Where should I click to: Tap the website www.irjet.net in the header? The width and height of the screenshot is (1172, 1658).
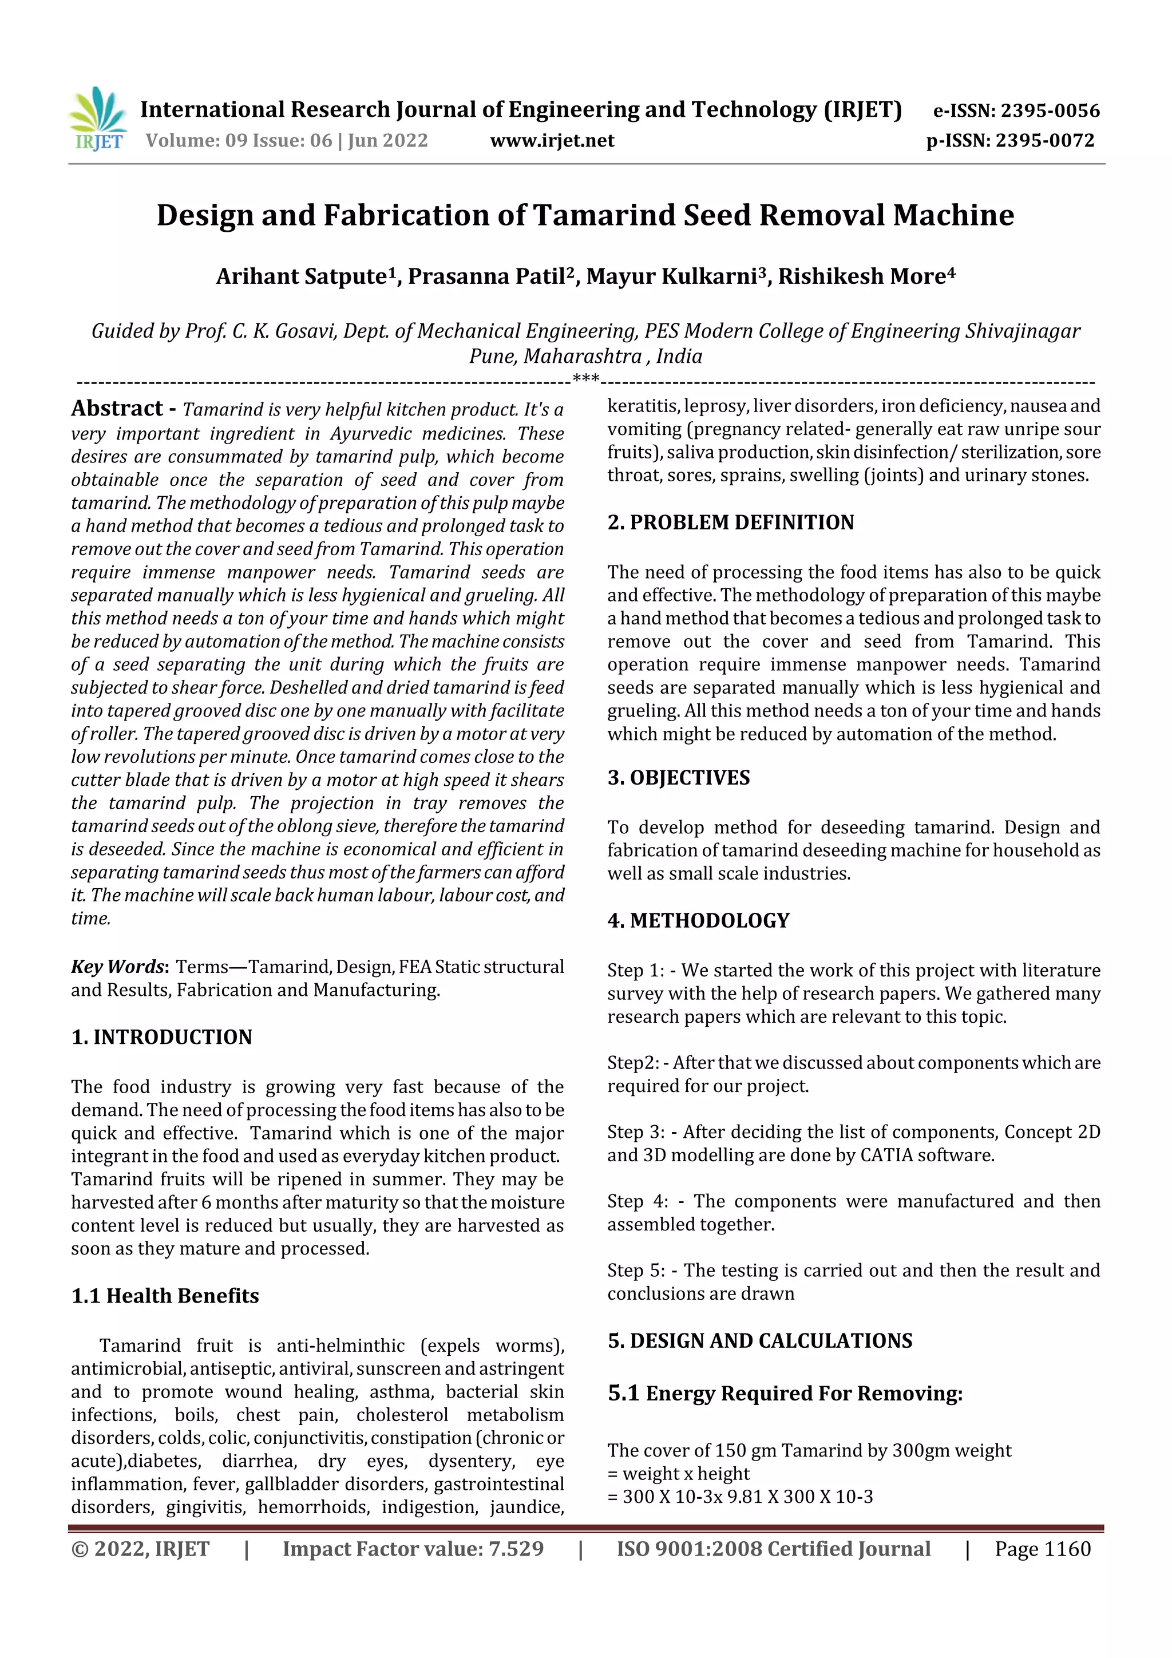[552, 141]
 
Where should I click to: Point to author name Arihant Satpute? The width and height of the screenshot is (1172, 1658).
[303, 276]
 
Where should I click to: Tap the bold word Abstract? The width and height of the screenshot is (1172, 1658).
[117, 409]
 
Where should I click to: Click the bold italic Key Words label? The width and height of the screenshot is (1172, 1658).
[118, 967]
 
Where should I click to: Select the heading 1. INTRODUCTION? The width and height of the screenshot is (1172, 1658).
[162, 1037]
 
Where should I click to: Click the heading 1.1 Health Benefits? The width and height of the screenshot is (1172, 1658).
[165, 1296]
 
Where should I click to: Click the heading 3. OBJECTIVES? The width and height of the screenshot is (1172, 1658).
[678, 778]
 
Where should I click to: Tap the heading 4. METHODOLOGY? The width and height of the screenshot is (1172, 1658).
[698, 921]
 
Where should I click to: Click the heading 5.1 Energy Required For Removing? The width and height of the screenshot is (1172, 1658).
[785, 1393]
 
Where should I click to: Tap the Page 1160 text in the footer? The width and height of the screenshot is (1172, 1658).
[1042, 1549]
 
